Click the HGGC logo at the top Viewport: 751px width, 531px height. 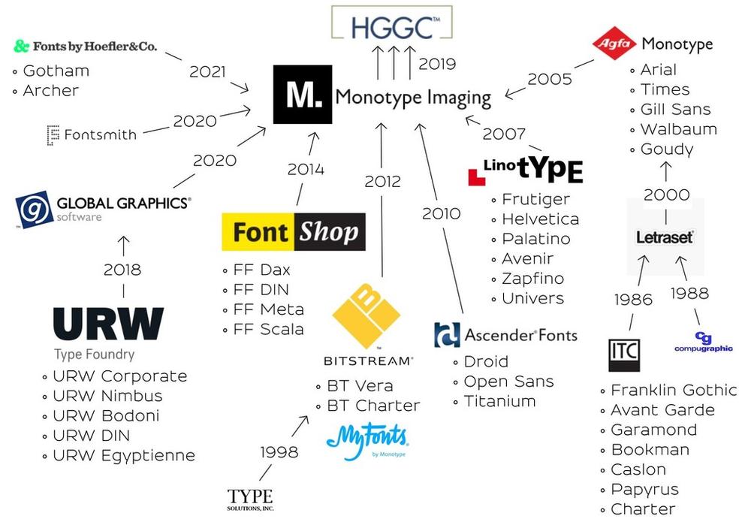pyautogui.click(x=392, y=23)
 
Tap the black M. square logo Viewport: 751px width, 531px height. pyautogui.click(x=302, y=95)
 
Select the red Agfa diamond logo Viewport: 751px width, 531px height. pyautogui.click(x=614, y=43)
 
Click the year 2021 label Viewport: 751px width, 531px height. pyautogui.click(x=207, y=71)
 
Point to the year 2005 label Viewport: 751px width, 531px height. pyautogui.click(x=550, y=79)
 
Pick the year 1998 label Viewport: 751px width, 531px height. pyautogui.click(x=279, y=452)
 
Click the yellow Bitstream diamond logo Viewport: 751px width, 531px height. pyautogui.click(x=366, y=315)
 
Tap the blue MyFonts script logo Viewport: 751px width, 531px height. pyautogui.click(x=367, y=441)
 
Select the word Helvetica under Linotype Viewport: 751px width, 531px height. pyautogui.click(x=540, y=219)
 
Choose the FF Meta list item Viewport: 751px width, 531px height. pyautogui.click(x=268, y=309)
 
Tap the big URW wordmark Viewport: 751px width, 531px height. pyautogui.click(x=108, y=324)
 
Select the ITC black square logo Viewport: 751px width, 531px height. pyautogui.click(x=624, y=355)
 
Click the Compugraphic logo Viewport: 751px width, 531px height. pyautogui.click(x=703, y=342)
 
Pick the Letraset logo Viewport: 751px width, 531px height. pyautogui.click(x=665, y=237)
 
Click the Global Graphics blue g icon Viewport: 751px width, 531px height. pyautogui.click(x=34, y=210)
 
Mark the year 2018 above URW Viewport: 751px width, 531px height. pyautogui.click(x=122, y=270)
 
